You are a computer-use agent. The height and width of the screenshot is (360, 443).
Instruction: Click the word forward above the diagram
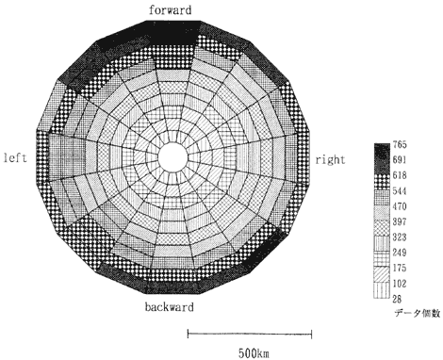click(170, 10)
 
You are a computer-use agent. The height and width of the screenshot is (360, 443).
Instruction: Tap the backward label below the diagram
click(170, 306)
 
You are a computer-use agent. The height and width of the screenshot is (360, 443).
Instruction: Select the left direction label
click(15, 157)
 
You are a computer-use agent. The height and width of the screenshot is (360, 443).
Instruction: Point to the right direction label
click(330, 160)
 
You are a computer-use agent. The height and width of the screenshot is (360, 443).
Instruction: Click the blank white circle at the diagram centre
click(172, 157)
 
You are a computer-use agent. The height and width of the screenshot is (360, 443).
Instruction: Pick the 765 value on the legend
click(400, 145)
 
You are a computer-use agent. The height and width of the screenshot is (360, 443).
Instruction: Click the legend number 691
click(400, 160)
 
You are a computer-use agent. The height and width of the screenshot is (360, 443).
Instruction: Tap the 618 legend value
click(400, 175)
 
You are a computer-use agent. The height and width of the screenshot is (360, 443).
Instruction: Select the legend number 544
click(400, 191)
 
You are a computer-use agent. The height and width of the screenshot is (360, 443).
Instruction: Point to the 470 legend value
click(400, 206)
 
